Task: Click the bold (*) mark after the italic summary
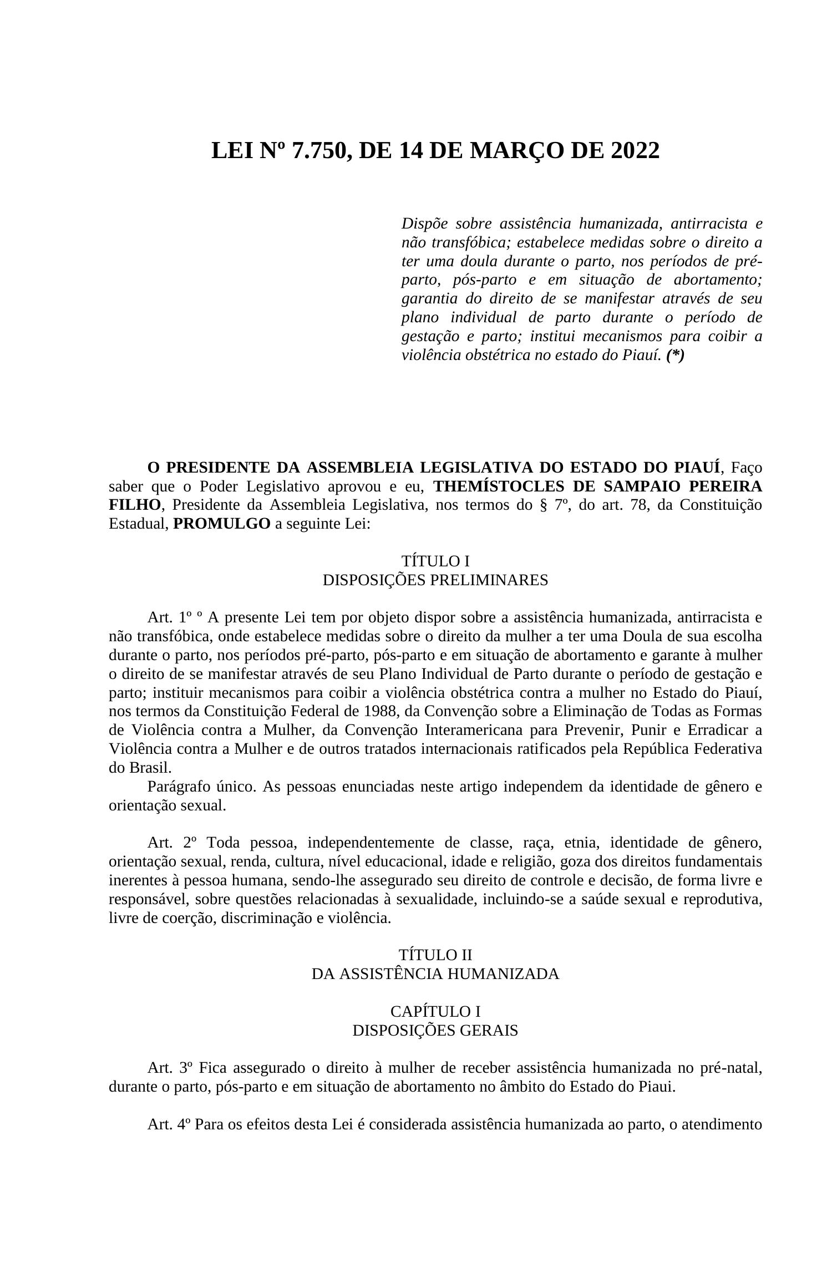point(676,356)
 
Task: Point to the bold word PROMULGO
point(222,524)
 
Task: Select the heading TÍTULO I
point(435,561)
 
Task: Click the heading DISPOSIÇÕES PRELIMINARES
point(435,580)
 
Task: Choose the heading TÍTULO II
point(435,955)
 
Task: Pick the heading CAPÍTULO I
point(435,1012)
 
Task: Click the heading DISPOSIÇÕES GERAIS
point(435,1031)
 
